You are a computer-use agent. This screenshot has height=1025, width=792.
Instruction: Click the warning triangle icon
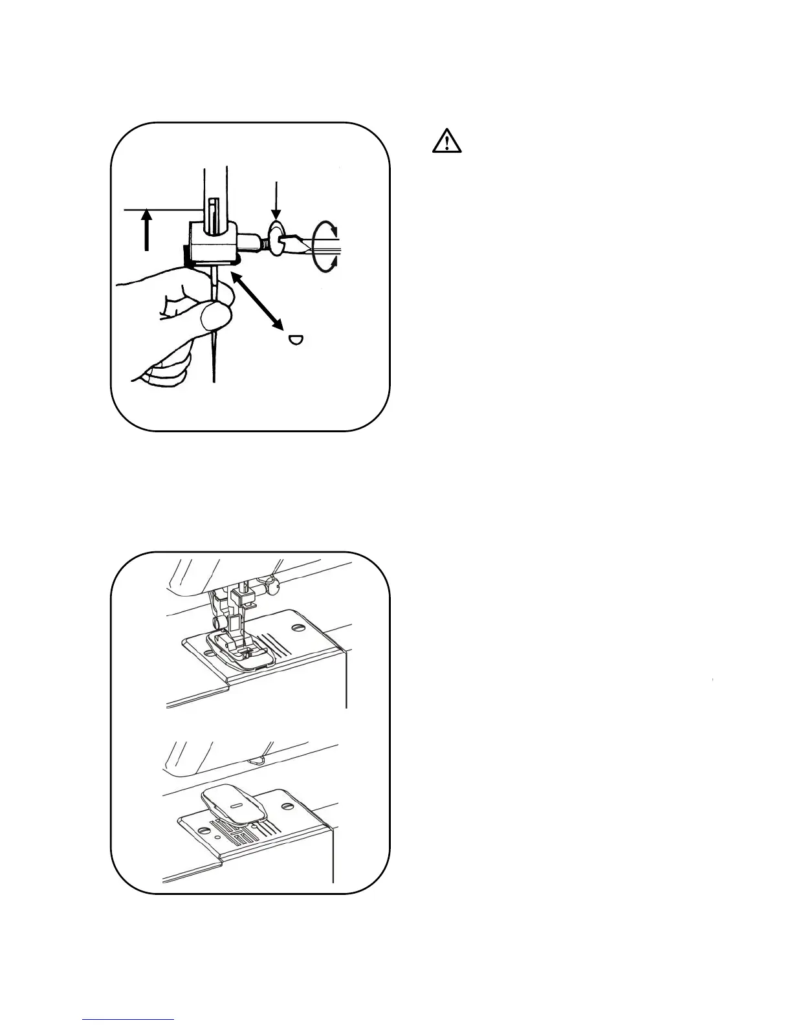click(x=446, y=141)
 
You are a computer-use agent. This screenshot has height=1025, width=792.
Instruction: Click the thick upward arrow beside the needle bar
click(x=148, y=230)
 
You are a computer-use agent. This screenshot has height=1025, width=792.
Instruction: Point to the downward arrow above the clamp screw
click(x=276, y=201)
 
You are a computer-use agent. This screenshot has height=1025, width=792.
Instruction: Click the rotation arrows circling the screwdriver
click(x=324, y=248)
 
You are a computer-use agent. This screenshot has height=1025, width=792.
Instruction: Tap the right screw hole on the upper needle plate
click(x=298, y=627)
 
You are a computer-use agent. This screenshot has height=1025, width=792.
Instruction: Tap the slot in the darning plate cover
click(x=236, y=804)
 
